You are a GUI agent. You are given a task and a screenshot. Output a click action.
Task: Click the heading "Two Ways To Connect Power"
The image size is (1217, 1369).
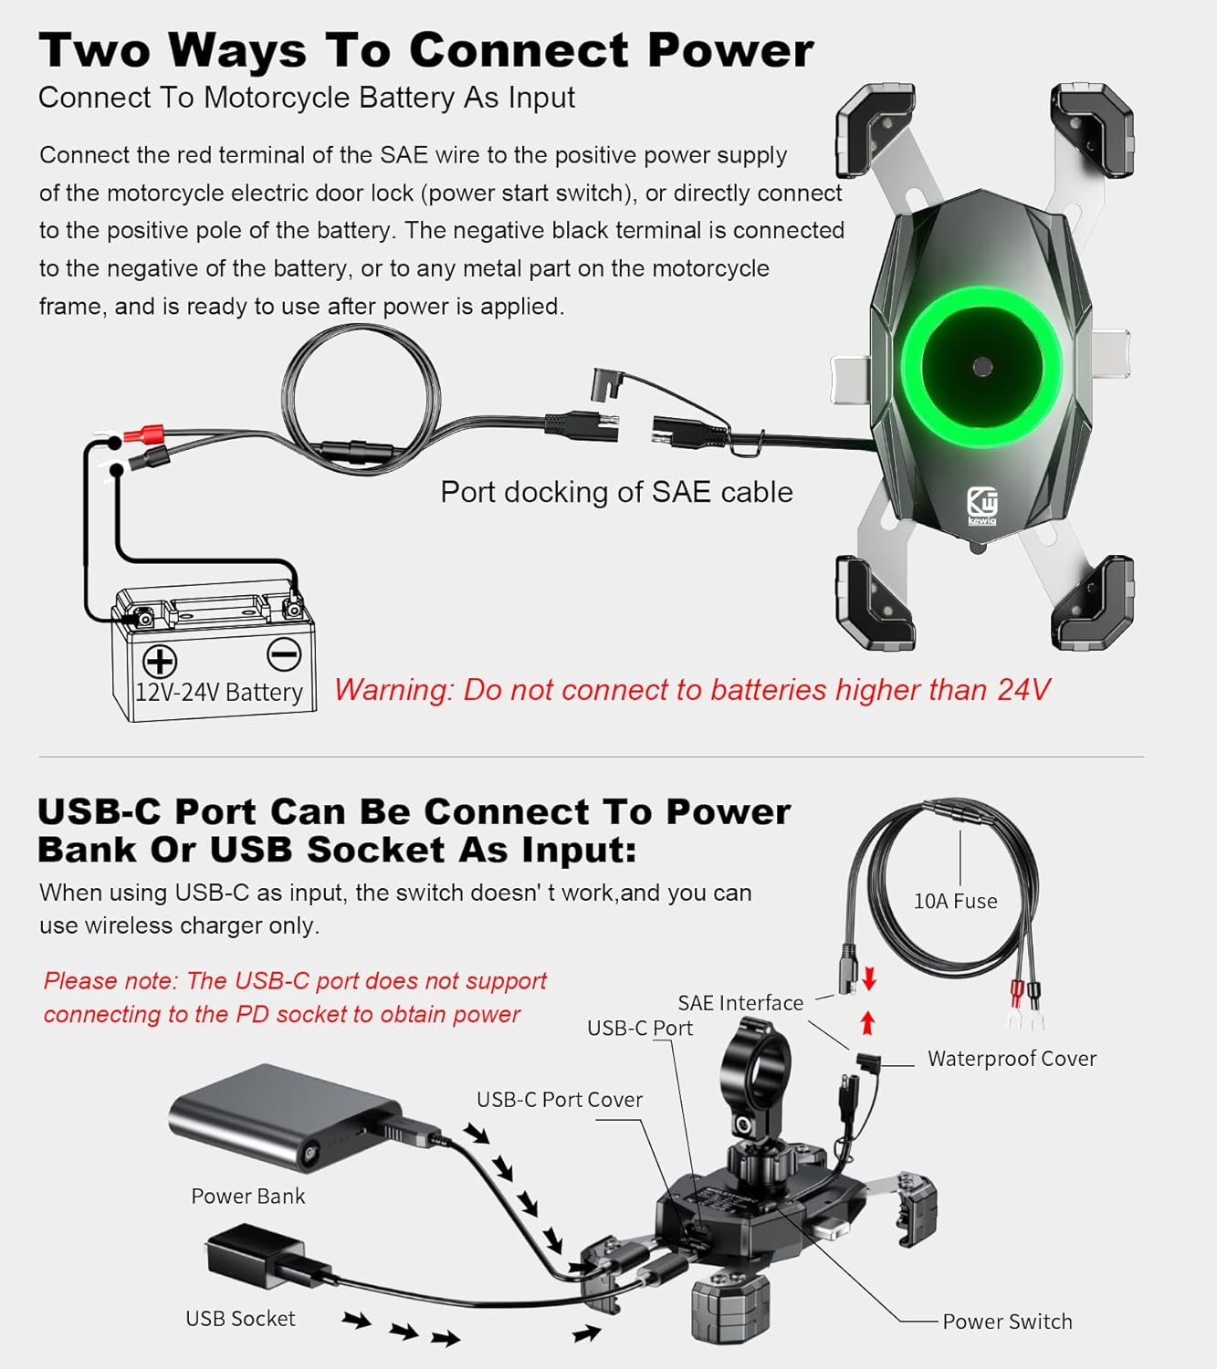[425, 50]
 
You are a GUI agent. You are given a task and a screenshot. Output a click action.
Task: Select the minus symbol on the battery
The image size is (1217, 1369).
[283, 654]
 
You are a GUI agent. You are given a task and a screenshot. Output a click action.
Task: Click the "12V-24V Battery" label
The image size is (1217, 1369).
[219, 692]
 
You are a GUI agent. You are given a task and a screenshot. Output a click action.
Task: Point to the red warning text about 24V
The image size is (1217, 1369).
[692, 689]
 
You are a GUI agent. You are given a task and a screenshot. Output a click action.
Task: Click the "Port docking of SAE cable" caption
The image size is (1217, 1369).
[616, 492]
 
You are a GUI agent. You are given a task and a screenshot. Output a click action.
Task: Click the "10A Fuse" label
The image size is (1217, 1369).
[955, 901]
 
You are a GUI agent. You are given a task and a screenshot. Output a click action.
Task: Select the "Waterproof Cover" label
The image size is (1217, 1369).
[1012, 1059]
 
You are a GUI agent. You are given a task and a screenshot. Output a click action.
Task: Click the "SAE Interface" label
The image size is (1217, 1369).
[740, 1003]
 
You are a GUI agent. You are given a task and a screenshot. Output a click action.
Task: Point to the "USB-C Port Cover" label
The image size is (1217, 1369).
[560, 1100]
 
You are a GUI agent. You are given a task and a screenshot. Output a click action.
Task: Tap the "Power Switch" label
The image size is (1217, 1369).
[1007, 1322]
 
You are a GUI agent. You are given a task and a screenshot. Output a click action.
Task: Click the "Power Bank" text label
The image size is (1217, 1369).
[247, 1197]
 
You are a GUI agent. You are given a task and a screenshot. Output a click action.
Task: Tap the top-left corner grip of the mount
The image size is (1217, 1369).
[875, 130]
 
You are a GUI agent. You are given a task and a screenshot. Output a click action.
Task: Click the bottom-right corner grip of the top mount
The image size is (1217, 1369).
[1093, 603]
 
